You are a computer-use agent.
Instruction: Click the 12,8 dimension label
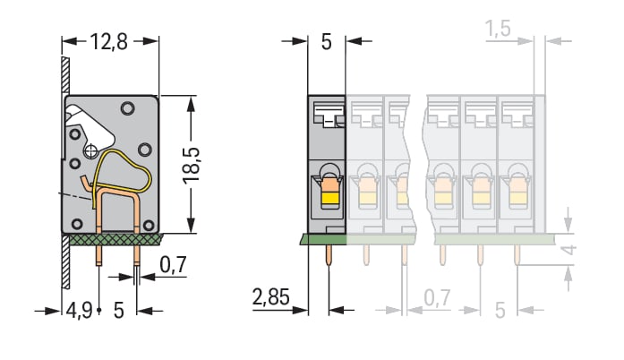pyautogui.click(x=109, y=41)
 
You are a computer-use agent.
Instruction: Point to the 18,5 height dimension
pyautogui.click(x=192, y=166)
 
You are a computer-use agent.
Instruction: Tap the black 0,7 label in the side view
pyautogui.click(x=173, y=264)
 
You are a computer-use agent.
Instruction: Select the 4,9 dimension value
pyautogui.click(x=79, y=310)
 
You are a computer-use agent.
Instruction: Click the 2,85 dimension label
pyautogui.click(x=270, y=297)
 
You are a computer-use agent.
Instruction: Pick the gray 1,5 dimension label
pyautogui.click(x=498, y=29)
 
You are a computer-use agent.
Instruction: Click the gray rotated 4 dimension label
pyautogui.click(x=569, y=250)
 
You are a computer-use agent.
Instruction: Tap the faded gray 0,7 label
pyautogui.click(x=437, y=298)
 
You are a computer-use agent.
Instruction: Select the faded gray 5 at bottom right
pyautogui.click(x=500, y=310)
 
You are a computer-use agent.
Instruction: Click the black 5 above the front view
pyautogui.click(x=327, y=42)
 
